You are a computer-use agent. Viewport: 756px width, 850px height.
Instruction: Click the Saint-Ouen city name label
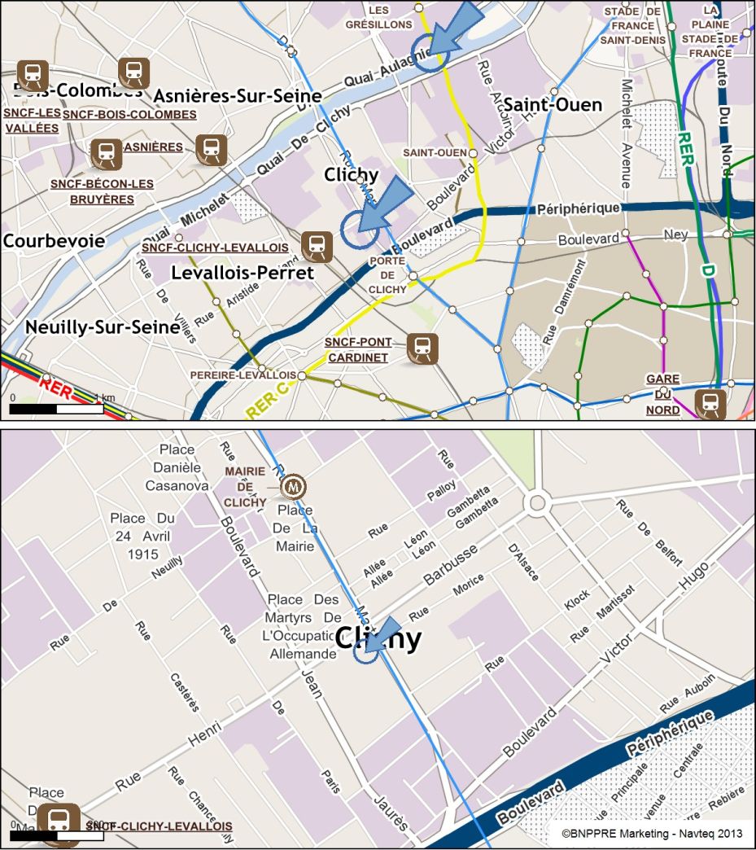point(553,105)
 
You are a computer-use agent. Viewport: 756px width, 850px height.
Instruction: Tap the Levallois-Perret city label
point(243,273)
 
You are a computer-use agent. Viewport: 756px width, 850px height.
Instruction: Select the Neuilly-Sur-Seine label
point(103,327)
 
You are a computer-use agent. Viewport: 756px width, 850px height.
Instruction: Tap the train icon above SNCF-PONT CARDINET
point(422,348)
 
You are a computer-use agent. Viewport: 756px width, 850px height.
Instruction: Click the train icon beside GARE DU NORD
point(710,405)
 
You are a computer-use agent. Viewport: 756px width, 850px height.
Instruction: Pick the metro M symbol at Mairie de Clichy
point(292,487)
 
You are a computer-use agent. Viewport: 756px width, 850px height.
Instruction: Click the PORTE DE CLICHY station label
point(387,275)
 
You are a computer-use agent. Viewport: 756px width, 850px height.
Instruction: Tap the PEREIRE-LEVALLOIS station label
point(243,375)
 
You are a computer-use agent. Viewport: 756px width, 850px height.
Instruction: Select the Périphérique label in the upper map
point(579,209)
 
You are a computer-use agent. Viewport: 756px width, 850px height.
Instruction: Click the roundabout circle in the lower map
point(535,502)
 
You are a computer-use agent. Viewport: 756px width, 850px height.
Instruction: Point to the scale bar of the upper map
point(56,408)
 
